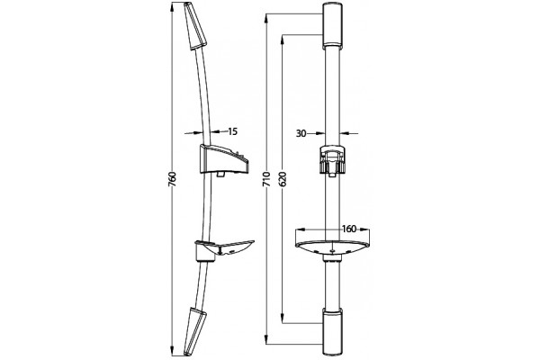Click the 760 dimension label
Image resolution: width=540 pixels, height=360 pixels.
(172, 179)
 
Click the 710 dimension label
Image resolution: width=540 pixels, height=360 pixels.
(267, 179)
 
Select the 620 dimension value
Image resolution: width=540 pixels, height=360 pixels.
(283, 179)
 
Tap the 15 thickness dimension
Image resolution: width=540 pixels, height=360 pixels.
(233, 131)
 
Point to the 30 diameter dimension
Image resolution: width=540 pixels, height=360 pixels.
(301, 133)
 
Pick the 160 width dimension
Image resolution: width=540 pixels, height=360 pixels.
(349, 229)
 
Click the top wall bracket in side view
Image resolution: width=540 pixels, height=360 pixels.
(194, 26)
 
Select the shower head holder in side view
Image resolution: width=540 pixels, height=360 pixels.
(223, 160)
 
